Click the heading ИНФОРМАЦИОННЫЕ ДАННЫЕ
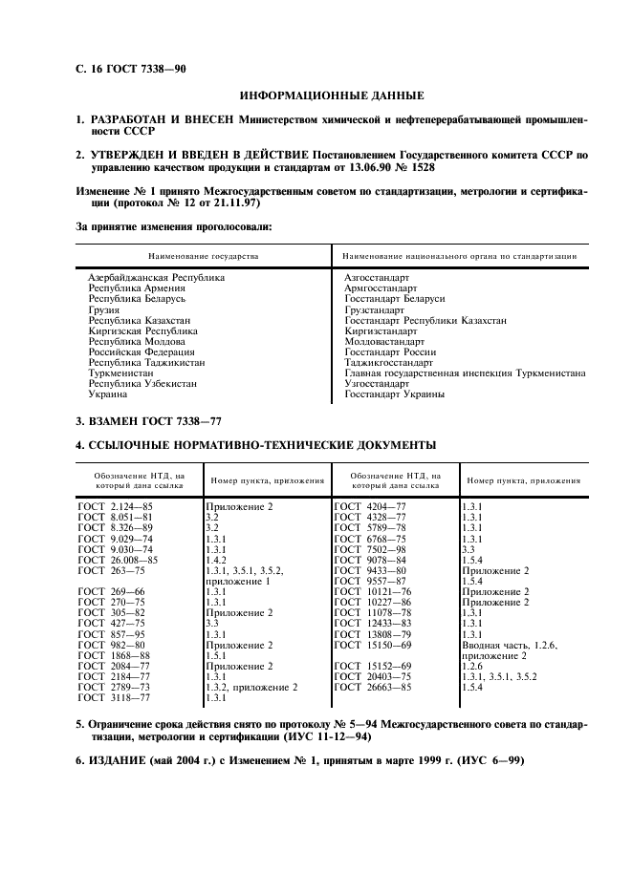[332, 96]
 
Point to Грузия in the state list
[104, 309]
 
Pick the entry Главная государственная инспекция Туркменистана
[465, 373]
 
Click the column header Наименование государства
[203, 256]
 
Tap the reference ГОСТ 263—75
[111, 570]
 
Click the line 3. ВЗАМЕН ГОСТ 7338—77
[153, 422]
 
